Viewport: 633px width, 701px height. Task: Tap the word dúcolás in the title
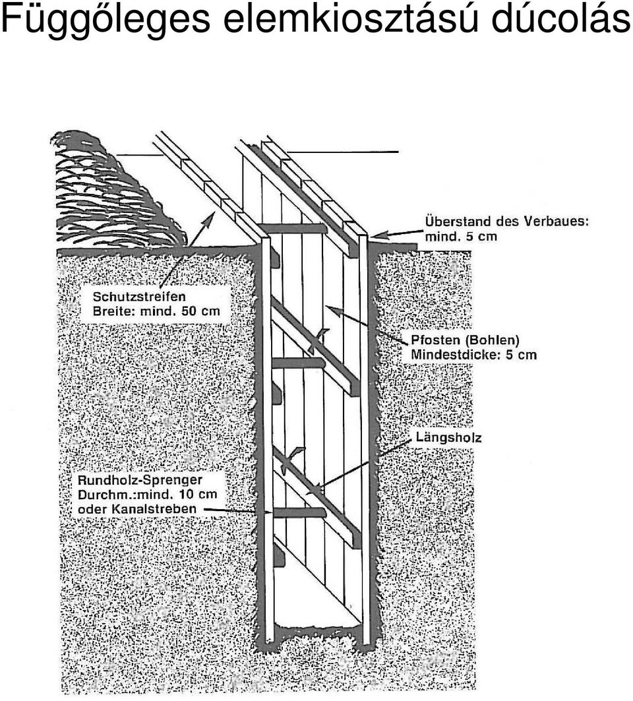coord(560,18)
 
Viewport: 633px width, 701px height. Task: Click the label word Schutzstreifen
coord(139,296)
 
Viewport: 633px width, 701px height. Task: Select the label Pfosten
coord(435,340)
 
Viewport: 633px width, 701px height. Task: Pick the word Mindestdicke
coord(455,355)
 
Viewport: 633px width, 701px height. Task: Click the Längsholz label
coord(449,437)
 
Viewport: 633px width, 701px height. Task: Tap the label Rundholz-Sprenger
coord(140,480)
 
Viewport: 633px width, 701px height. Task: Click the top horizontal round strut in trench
coord(293,228)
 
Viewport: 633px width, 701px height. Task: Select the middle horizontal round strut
coord(297,363)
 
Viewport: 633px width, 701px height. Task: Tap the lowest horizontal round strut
coord(299,513)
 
